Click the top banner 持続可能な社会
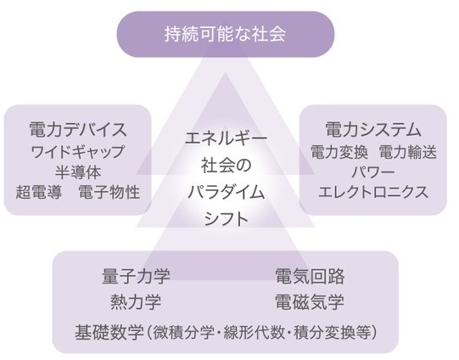click(226, 34)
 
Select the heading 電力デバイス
click(78, 129)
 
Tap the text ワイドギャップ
click(77, 151)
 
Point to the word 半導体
click(78, 172)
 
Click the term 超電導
click(39, 193)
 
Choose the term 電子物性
click(109, 193)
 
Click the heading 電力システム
click(373, 129)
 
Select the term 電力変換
click(339, 152)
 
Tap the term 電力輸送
click(408, 152)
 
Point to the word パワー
click(373, 172)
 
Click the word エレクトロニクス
click(373, 193)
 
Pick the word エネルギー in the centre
click(226, 138)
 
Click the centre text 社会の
click(226, 165)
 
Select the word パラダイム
click(226, 193)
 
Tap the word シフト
click(226, 219)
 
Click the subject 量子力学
click(136, 276)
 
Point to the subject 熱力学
click(136, 302)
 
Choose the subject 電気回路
click(310, 276)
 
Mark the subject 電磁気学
click(310, 302)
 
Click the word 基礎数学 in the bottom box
click(109, 333)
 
